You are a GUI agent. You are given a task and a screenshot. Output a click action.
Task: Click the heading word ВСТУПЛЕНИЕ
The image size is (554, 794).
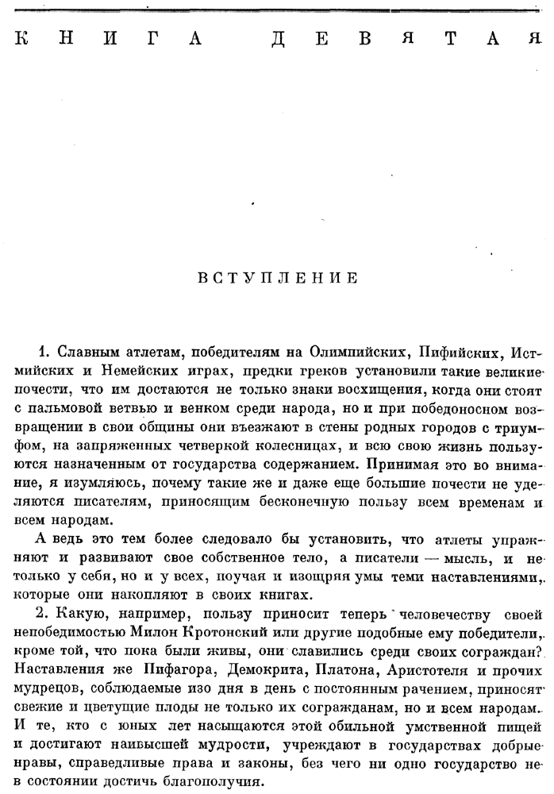point(276,279)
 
